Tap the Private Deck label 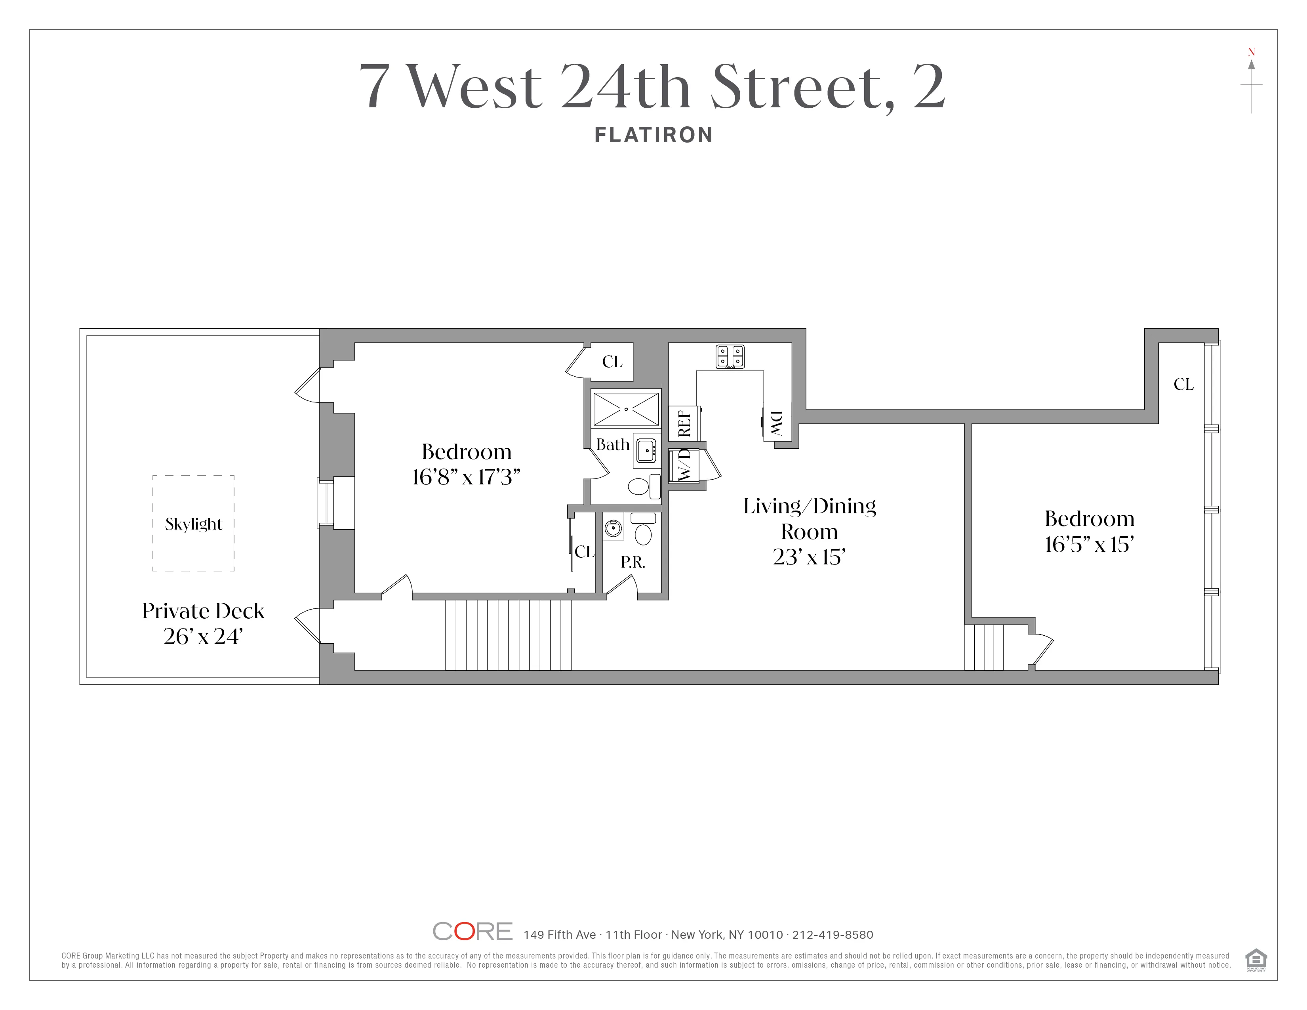coord(203,611)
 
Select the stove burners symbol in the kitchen coord(730,356)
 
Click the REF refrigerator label coord(684,423)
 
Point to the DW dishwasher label coord(776,423)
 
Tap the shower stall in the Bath coord(626,409)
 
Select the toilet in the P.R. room coord(643,530)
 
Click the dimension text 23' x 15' coord(809,557)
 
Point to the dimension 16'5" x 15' coord(1089,545)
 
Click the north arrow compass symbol coord(1251,84)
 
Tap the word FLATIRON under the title coord(653,135)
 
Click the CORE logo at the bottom coord(472,931)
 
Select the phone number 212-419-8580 coord(833,935)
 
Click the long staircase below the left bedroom coord(508,635)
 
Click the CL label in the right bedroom coord(1183,384)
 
